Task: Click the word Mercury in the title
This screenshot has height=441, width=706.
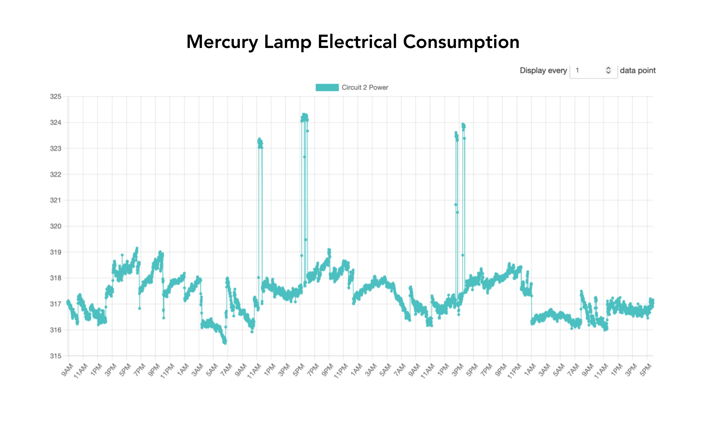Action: (222, 42)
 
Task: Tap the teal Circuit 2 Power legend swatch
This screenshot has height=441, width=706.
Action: (327, 87)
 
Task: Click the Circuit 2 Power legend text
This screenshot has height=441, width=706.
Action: (365, 87)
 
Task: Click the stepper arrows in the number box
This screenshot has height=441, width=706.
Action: (608, 70)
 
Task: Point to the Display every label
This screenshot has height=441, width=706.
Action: (543, 71)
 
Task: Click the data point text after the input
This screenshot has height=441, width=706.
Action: (637, 71)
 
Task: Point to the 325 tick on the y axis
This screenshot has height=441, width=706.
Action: (56, 96)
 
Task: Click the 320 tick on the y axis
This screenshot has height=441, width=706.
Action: (56, 226)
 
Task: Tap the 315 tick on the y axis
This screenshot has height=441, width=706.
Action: (56, 356)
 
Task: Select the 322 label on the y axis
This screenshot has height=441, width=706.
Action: (56, 174)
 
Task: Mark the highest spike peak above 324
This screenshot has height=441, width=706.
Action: (304, 115)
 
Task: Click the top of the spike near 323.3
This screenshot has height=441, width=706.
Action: (259, 139)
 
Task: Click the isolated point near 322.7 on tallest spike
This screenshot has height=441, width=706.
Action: (304, 157)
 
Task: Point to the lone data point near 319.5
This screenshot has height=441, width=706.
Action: (306, 240)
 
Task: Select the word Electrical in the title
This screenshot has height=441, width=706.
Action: (357, 42)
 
